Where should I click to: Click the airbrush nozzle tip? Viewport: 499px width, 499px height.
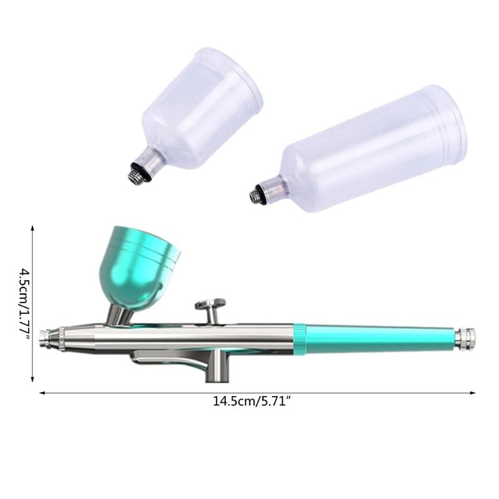click(44, 337)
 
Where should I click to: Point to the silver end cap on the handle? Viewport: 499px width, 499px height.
click(465, 338)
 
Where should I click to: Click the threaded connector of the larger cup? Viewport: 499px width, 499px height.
click(256, 196)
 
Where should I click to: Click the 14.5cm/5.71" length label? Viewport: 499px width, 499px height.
click(253, 402)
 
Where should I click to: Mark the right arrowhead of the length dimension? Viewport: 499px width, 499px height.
click(472, 392)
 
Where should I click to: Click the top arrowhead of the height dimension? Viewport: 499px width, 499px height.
click(32, 229)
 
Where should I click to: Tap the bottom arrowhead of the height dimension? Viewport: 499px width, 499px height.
click(32, 378)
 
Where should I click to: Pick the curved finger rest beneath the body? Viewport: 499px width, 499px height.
click(162, 359)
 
